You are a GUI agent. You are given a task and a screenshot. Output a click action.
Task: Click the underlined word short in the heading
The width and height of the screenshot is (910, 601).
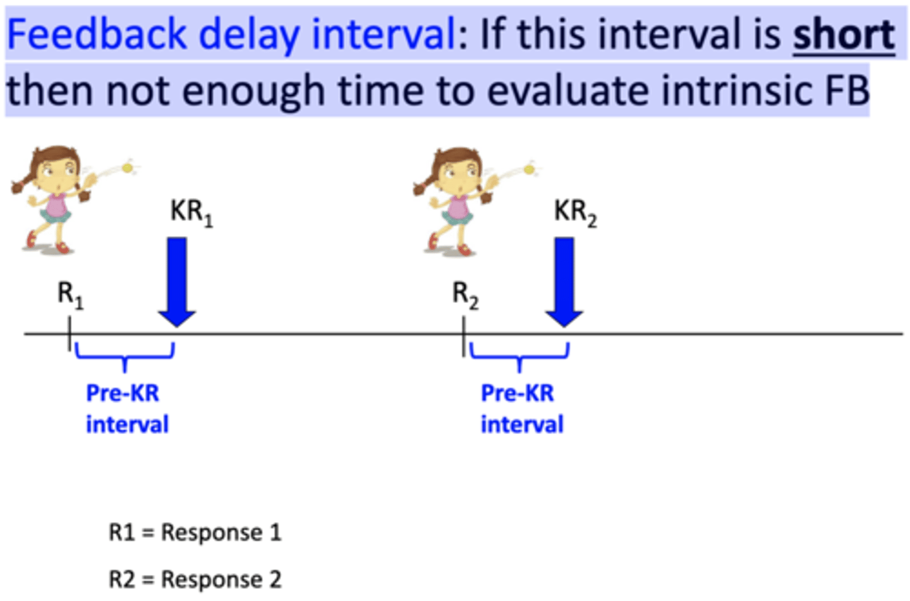click(x=844, y=34)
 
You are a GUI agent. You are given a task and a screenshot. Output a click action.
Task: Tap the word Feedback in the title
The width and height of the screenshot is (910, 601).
click(x=97, y=34)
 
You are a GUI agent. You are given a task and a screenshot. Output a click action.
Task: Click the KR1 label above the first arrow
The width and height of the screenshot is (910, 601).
click(x=191, y=213)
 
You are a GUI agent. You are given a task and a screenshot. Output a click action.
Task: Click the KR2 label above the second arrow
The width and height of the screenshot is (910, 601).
click(x=575, y=213)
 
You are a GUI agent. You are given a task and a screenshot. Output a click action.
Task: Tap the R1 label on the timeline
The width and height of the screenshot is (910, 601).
click(x=70, y=295)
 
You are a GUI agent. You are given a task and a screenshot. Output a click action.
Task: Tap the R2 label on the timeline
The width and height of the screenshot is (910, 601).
click(x=465, y=295)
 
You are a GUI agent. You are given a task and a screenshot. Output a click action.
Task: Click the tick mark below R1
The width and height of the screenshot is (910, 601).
click(x=70, y=333)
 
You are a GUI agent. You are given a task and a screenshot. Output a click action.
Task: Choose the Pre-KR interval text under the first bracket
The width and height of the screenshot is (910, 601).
click(x=126, y=409)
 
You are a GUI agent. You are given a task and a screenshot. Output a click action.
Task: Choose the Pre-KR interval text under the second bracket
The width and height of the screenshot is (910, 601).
click(x=521, y=409)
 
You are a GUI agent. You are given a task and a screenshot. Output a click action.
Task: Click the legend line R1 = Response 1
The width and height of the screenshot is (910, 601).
click(x=195, y=533)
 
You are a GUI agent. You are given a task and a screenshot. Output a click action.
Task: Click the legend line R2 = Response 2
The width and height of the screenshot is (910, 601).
click(x=195, y=579)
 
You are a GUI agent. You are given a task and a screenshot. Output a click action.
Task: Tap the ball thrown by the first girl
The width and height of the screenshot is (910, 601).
click(x=128, y=168)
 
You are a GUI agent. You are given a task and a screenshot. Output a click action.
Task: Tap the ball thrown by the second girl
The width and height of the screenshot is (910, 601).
click(x=530, y=170)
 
